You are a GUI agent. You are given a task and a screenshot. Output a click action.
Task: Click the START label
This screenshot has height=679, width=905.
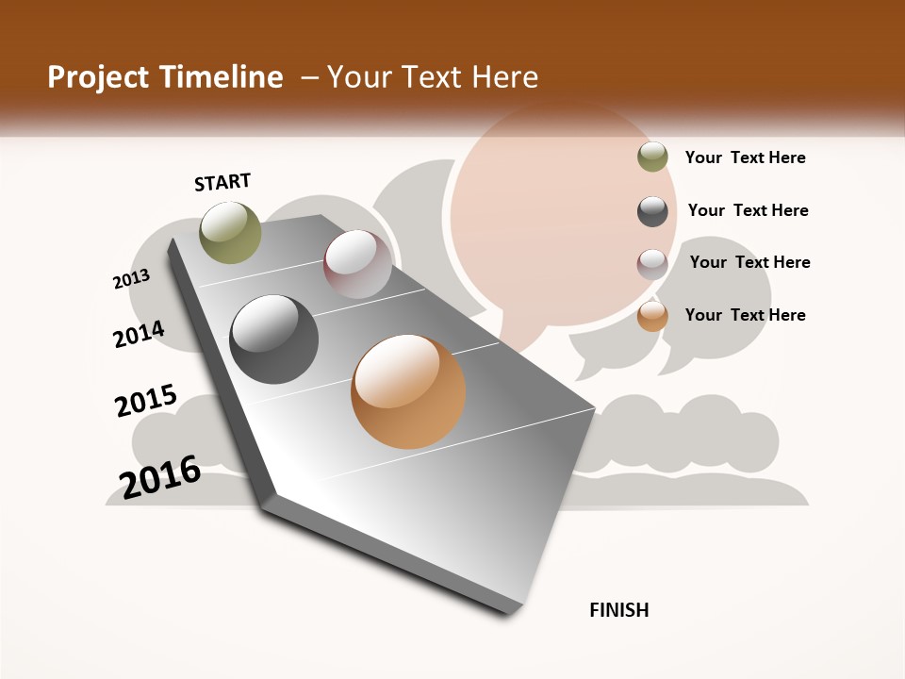coord(222,182)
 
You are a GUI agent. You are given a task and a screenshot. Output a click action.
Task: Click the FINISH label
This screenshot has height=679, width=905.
coord(619,610)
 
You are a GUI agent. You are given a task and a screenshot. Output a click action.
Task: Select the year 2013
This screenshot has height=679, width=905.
coord(132,279)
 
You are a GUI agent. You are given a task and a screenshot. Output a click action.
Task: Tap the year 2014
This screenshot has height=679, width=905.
coord(140,334)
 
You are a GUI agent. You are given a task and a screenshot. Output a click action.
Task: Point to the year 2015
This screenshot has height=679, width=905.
coord(146,401)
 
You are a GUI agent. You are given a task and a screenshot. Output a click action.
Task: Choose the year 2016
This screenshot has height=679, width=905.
coord(160,476)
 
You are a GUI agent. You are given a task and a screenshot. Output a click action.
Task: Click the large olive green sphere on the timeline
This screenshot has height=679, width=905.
coord(230,232)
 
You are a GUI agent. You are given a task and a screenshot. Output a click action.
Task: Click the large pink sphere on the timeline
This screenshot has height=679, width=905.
coord(357,264)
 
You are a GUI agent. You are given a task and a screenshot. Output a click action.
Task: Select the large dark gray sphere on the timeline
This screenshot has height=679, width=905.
coord(274,339)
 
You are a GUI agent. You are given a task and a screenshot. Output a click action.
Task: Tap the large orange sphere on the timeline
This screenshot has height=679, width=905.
coord(408,391)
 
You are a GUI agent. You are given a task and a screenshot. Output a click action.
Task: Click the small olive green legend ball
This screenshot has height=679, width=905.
coord(652,157)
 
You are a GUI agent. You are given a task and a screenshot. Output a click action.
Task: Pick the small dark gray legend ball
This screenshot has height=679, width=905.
coord(652,211)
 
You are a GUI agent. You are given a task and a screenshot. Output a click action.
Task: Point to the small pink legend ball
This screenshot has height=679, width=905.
coord(652,264)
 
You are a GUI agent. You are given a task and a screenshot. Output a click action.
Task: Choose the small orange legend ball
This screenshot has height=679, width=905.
coord(652,316)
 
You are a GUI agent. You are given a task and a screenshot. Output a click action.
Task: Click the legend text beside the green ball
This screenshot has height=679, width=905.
coord(745,157)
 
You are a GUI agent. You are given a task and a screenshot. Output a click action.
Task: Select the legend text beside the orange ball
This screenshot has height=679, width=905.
coord(745,315)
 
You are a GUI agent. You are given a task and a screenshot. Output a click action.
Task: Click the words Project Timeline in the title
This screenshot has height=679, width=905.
coord(165,77)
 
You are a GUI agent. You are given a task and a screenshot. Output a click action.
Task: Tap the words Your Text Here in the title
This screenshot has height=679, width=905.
coord(432,77)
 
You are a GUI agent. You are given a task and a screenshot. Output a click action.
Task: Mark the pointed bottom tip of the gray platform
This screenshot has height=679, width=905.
coord(510,611)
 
